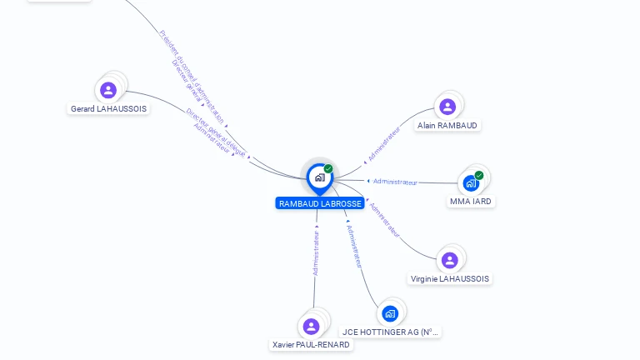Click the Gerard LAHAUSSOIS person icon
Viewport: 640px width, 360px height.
(x=107, y=90)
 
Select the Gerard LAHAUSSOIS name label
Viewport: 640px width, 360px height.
(x=109, y=108)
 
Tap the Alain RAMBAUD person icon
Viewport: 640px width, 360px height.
(x=447, y=107)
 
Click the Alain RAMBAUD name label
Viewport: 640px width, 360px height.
(x=448, y=126)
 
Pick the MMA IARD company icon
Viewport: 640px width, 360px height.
(x=471, y=183)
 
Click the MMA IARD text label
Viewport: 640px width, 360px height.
(x=471, y=202)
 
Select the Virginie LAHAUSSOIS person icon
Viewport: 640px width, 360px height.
(x=449, y=260)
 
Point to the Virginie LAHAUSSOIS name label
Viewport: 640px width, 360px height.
(x=451, y=278)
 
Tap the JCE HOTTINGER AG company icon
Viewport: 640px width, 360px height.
(x=390, y=313)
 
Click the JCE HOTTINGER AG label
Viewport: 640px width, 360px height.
(x=391, y=332)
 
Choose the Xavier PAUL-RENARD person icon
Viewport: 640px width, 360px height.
(x=312, y=326)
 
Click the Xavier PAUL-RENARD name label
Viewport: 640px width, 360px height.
(x=312, y=344)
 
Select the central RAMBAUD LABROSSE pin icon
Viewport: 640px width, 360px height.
(x=318, y=177)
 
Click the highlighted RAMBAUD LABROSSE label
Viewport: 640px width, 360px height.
(x=320, y=203)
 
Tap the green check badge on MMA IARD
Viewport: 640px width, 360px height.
(x=479, y=175)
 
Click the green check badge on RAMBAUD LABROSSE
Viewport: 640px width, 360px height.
(x=328, y=169)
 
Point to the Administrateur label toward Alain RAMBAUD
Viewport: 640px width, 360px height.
(x=384, y=143)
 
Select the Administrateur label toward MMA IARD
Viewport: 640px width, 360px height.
(x=395, y=182)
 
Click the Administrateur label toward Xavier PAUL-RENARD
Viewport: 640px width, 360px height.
(x=316, y=253)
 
